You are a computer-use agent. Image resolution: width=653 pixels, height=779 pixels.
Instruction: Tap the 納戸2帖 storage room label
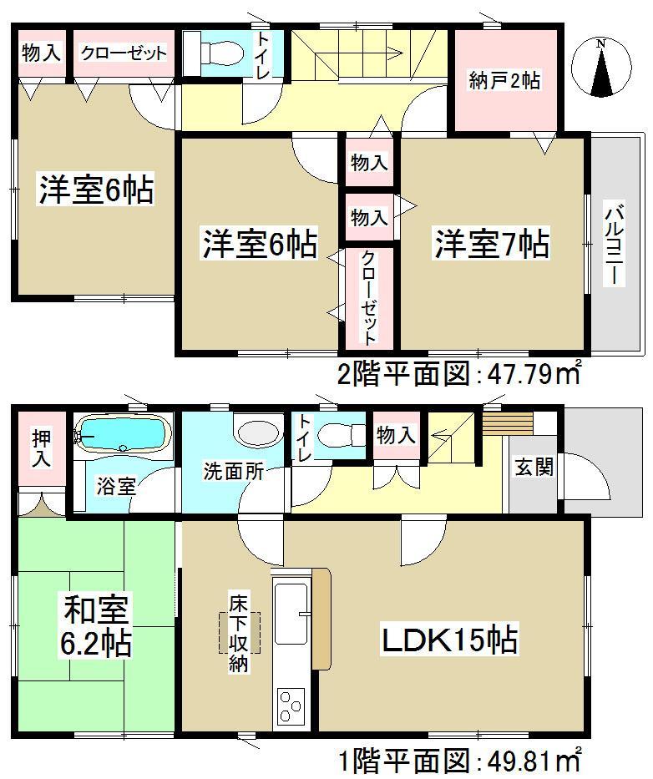click(504, 80)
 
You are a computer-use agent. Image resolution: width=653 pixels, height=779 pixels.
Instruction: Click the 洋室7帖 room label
click(491, 245)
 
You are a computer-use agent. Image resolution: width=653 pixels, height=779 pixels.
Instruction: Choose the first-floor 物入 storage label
click(395, 434)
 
